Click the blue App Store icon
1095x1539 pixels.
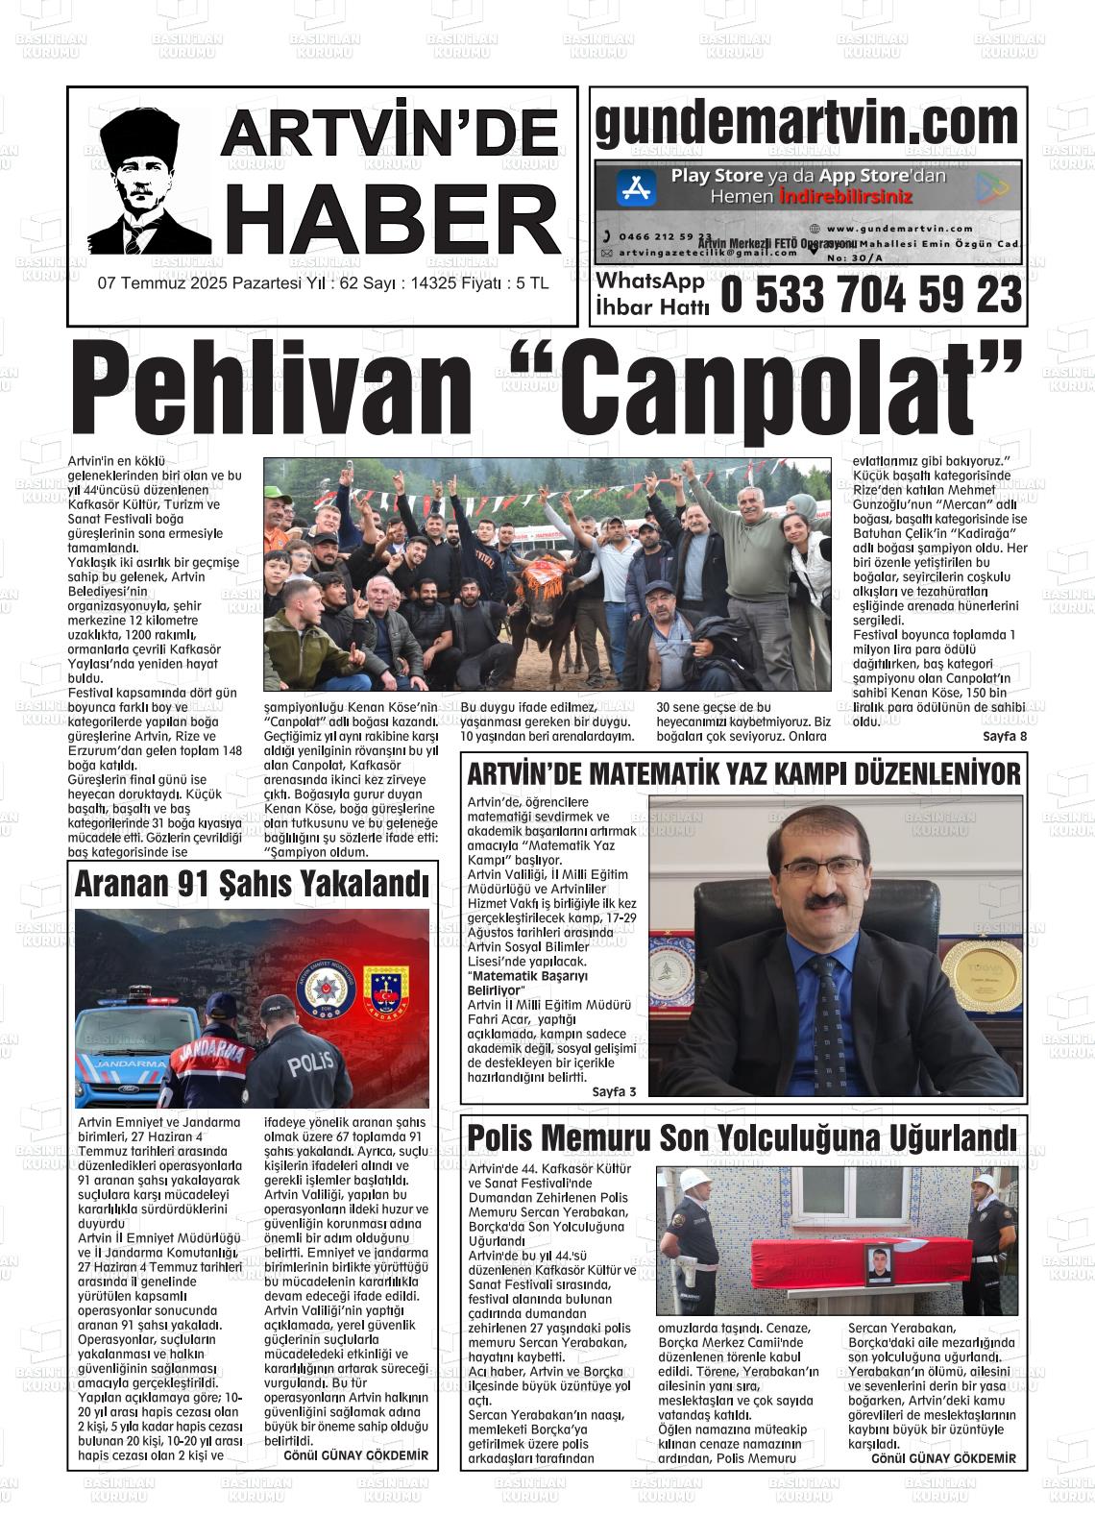635,188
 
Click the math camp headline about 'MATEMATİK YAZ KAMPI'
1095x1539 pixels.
742,773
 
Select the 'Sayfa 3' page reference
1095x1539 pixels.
614,1091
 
